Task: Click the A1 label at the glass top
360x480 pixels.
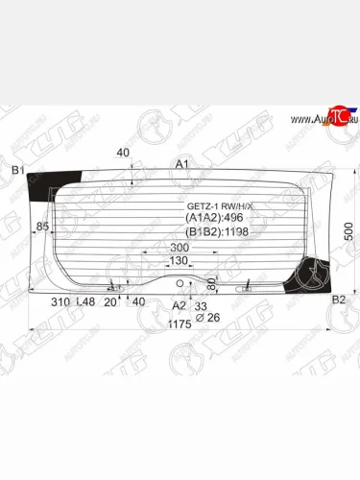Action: tap(180, 165)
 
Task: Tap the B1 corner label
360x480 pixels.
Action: tap(16, 171)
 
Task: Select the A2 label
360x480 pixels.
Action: tap(178, 305)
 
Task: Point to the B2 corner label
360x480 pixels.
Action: tap(337, 300)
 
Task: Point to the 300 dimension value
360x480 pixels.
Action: tap(179, 248)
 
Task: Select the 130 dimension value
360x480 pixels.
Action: tap(179, 261)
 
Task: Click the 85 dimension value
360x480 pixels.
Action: tap(42, 227)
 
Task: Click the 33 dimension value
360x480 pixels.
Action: tap(201, 305)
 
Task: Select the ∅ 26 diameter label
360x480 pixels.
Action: tap(201, 317)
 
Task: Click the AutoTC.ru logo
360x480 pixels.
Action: tap(316, 118)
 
